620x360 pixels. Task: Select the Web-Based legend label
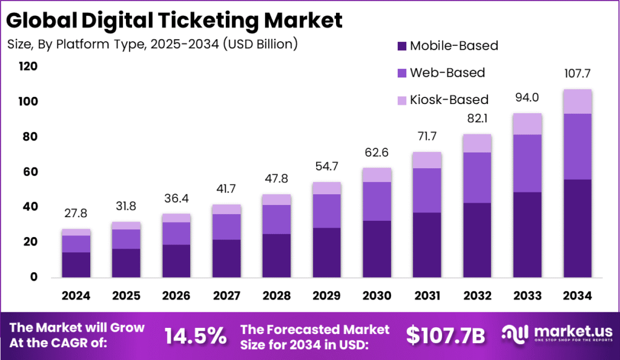pyautogui.click(x=447, y=73)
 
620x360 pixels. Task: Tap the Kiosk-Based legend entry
pyautogui.click(x=449, y=99)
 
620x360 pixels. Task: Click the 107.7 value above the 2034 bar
pyautogui.click(x=576, y=74)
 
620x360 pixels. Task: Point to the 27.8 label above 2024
pyautogui.click(x=76, y=214)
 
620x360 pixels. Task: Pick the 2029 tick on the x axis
pyautogui.click(x=326, y=296)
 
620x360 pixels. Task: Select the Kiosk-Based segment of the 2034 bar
pyautogui.click(x=576, y=101)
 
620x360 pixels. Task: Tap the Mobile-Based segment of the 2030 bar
pyautogui.click(x=376, y=249)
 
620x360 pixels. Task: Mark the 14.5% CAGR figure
pyautogui.click(x=196, y=334)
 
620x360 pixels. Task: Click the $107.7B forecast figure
pyautogui.click(x=445, y=335)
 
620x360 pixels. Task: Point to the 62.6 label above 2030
pyautogui.click(x=376, y=152)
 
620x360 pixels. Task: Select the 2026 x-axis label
pyautogui.click(x=176, y=296)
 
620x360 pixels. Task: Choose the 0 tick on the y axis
pyautogui.click(x=34, y=277)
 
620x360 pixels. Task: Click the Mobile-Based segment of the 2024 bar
pyautogui.click(x=76, y=264)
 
